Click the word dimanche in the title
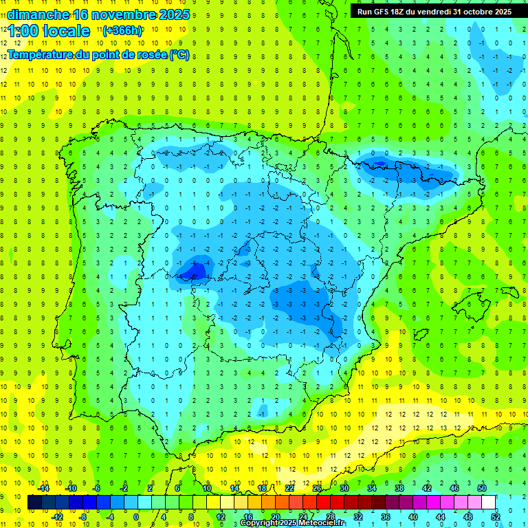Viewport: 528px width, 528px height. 38,14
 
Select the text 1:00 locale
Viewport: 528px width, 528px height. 49,32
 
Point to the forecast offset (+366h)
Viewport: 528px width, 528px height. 122,30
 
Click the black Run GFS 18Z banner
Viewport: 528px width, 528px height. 434,11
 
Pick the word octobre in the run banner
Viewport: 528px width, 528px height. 473,11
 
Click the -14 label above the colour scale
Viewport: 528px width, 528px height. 44,488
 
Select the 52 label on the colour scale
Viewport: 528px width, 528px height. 495,517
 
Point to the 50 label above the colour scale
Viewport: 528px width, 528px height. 482,488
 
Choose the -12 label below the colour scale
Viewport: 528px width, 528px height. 58,517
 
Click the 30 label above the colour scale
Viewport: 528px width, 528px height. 344,488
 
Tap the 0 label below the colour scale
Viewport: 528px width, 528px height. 135,517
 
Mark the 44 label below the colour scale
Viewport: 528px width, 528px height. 440,517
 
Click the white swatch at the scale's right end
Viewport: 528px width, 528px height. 487,503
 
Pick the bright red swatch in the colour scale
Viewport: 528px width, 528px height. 323,503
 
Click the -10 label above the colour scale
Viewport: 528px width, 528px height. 70,488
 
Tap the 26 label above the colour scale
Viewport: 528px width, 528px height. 317,488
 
